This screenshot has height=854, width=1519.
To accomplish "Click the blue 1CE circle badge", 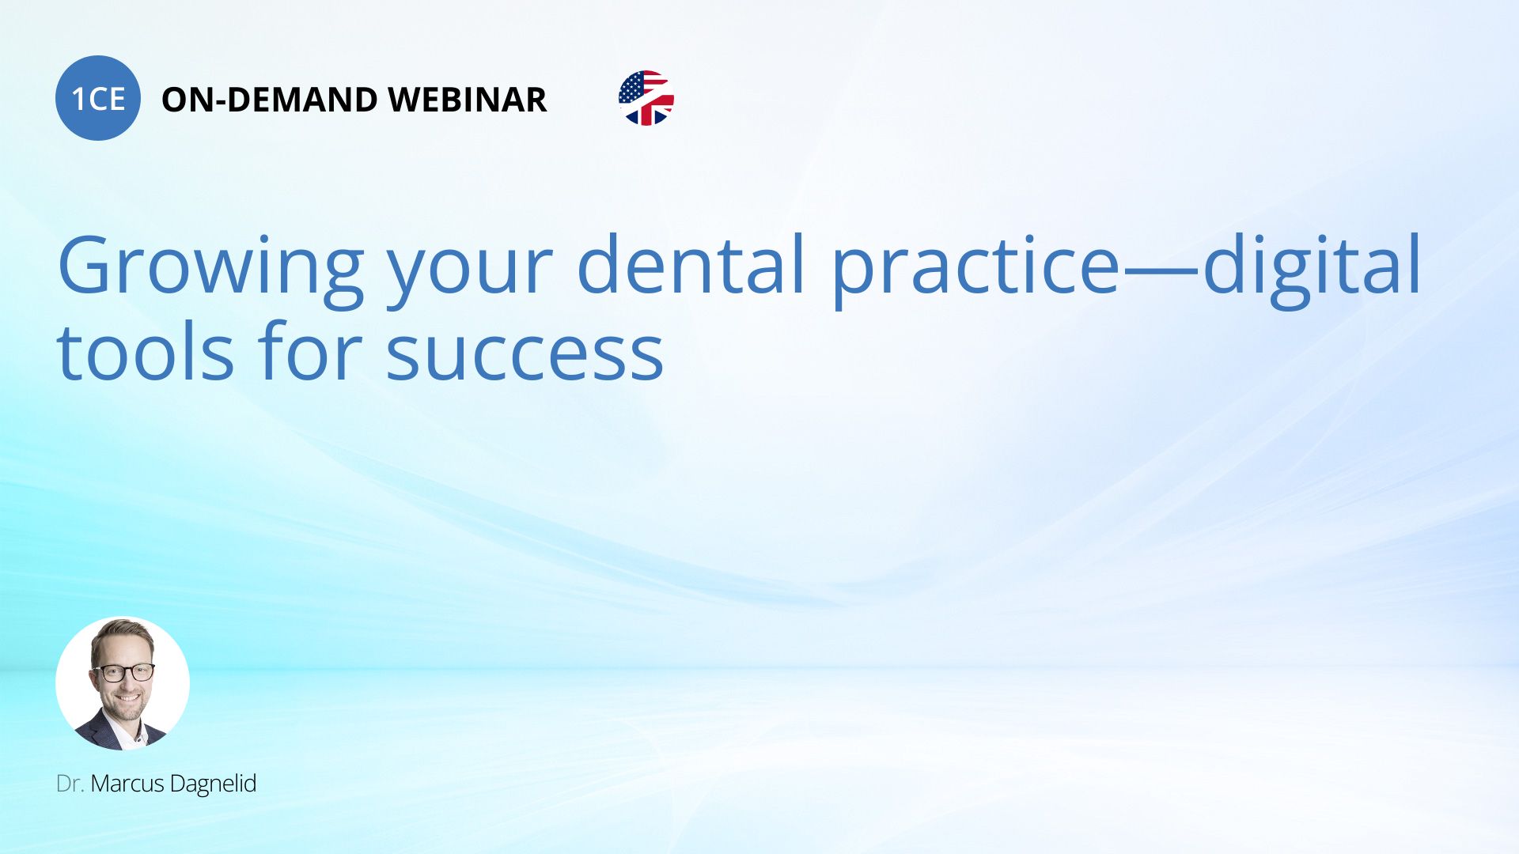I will point(98,98).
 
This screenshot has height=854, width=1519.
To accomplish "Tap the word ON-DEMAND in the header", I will point(269,100).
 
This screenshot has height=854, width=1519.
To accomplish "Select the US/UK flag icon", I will point(646,98).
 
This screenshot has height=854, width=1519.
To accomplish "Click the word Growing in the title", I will point(210,267).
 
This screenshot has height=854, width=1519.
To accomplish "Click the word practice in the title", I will point(975,267).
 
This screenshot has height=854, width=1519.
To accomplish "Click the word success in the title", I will point(525,354).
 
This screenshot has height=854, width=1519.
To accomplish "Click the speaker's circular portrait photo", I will point(123,683).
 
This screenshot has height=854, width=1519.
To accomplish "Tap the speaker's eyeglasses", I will point(124,673).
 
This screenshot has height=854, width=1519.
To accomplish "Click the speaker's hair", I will point(123,633).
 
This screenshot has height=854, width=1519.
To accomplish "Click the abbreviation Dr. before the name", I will point(70,784).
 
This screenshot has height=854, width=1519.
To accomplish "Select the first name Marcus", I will point(127,784).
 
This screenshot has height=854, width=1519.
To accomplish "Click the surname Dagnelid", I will point(213,784).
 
